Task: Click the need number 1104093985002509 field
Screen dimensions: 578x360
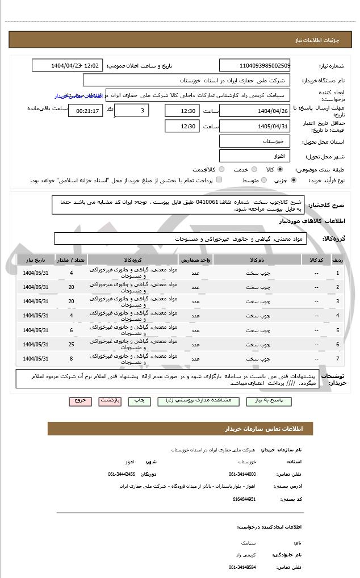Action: click(x=254, y=65)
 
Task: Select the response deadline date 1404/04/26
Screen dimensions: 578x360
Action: click(x=254, y=111)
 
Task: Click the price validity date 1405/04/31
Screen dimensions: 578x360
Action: click(x=254, y=126)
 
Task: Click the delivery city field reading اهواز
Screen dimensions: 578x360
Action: click(x=254, y=156)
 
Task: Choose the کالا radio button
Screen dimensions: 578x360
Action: click(x=279, y=170)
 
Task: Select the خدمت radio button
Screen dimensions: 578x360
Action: click(x=253, y=170)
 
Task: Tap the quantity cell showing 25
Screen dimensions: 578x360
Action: click(x=71, y=344)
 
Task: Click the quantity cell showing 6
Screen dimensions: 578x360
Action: click(x=71, y=330)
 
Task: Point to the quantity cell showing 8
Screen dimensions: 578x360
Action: click(x=71, y=358)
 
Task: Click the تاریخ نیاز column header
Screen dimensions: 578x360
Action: click(x=36, y=260)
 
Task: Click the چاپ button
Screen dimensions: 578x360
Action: click(x=139, y=400)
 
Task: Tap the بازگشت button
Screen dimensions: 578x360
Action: click(x=110, y=400)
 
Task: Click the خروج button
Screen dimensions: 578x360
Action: click(x=80, y=400)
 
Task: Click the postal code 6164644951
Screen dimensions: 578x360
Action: click(x=244, y=499)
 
